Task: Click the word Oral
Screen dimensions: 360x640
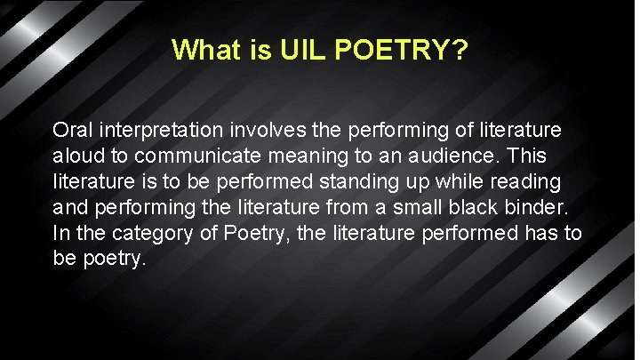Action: pyautogui.click(x=71, y=131)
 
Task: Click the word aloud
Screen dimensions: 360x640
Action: pyautogui.click(x=77, y=156)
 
